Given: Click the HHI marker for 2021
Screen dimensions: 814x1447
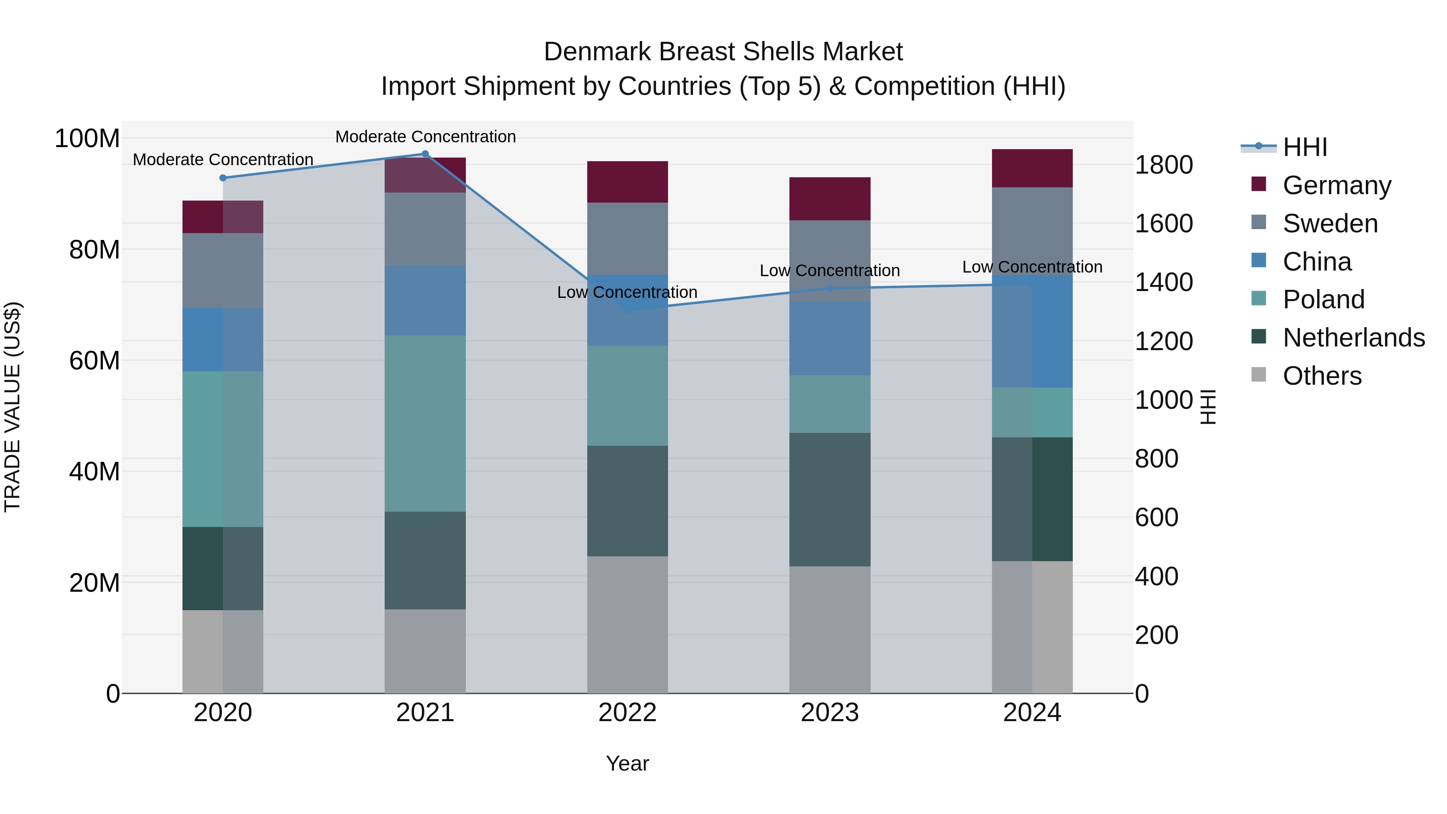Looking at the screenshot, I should click(425, 154).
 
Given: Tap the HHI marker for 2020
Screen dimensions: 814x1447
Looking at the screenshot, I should click(223, 178).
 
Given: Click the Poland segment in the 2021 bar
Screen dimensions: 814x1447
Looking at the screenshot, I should click(425, 424).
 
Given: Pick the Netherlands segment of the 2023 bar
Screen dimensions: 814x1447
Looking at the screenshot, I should click(830, 499).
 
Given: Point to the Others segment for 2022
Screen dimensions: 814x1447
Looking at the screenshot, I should click(627, 625).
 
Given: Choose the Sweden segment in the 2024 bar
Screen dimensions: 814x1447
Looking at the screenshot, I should click(1032, 231).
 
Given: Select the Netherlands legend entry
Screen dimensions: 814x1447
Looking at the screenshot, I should click(1353, 338).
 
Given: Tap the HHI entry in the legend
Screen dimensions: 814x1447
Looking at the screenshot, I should click(1304, 147).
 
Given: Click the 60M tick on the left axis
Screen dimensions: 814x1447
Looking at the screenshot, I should click(94, 361).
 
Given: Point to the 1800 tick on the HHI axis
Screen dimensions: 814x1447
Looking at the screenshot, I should click(1163, 165).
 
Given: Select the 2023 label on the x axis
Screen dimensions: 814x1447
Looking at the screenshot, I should click(830, 713).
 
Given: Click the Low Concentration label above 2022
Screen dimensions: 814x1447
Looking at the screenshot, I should click(627, 292).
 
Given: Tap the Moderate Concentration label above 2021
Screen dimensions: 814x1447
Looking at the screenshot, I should click(425, 137).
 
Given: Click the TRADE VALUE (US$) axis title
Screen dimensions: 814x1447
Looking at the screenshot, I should click(12, 407).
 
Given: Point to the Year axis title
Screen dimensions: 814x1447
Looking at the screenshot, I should click(627, 763).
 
